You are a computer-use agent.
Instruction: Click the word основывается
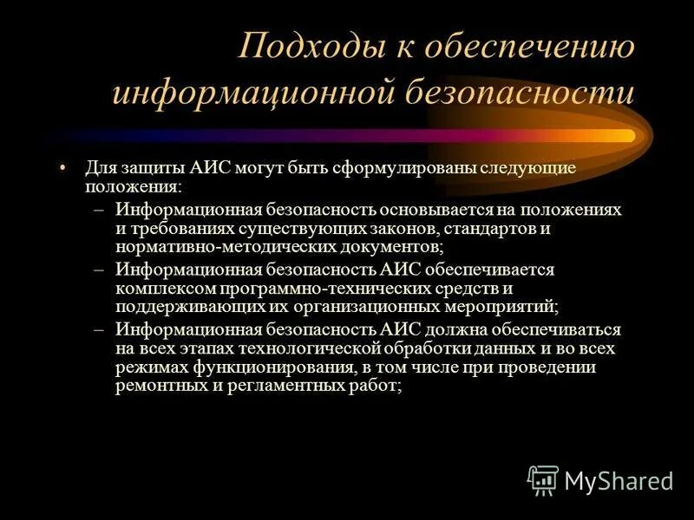pos(439,210)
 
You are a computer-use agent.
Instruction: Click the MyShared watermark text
pos(618,480)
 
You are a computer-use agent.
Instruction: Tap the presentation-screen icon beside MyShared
pos(543,479)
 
